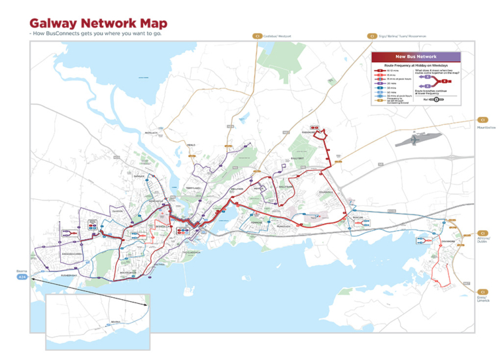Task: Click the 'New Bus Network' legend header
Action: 416,57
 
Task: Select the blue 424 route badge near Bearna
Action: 22,277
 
